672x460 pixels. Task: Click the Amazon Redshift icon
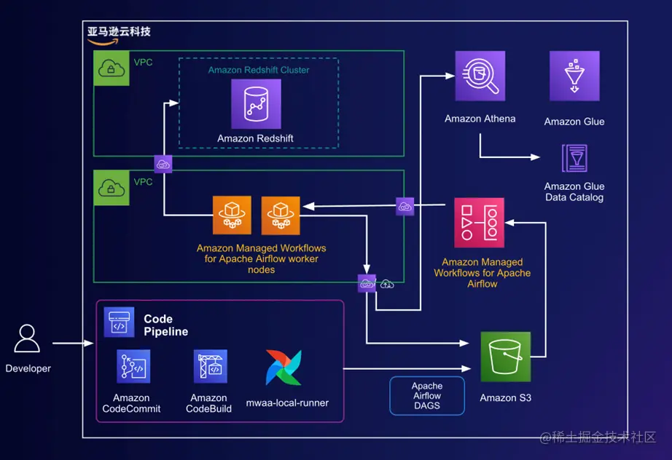[256, 104]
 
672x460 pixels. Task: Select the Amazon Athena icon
[480, 76]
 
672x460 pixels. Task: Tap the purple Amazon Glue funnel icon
[574, 76]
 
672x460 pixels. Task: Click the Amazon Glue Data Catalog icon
[574, 159]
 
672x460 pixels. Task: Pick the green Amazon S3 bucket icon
[505, 357]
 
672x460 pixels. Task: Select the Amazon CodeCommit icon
[133, 366]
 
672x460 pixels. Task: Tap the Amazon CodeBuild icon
[210, 366]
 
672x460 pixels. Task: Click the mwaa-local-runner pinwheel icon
[284, 368]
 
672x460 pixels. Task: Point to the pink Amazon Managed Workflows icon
[479, 222]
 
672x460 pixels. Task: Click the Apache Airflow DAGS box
[427, 396]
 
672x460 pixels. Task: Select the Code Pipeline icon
[119, 322]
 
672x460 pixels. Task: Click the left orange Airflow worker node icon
[232, 215]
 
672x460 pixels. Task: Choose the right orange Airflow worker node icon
[281, 215]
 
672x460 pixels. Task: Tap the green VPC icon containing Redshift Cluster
[112, 68]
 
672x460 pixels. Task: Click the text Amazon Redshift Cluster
[259, 70]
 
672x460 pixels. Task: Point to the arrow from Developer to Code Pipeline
[74, 343]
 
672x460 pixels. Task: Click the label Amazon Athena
[480, 119]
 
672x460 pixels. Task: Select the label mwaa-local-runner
[287, 402]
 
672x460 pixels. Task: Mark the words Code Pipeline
[165, 325]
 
